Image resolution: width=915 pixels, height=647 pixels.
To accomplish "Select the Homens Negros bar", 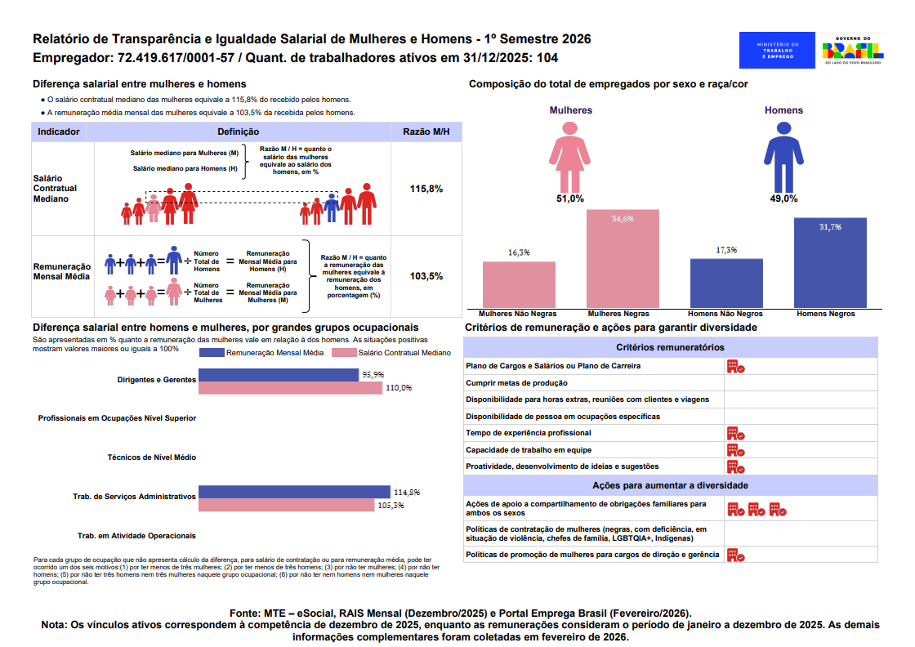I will point(830,262).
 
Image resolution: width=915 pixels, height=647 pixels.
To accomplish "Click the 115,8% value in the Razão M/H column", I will point(426,189).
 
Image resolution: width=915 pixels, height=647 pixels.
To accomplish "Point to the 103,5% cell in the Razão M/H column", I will point(426,276).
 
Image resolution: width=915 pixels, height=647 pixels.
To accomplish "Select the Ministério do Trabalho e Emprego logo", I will point(777,51).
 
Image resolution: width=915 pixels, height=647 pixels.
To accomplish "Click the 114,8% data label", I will point(407,493).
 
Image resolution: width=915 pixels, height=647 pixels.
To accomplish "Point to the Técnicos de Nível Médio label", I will point(152,457).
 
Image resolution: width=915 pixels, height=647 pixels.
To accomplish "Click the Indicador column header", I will point(59,132).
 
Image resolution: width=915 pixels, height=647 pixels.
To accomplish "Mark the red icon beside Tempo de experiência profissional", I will point(735,433).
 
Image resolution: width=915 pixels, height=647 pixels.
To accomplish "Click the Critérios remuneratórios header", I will point(670,347).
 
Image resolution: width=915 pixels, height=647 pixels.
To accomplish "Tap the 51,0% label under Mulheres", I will point(570,199).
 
